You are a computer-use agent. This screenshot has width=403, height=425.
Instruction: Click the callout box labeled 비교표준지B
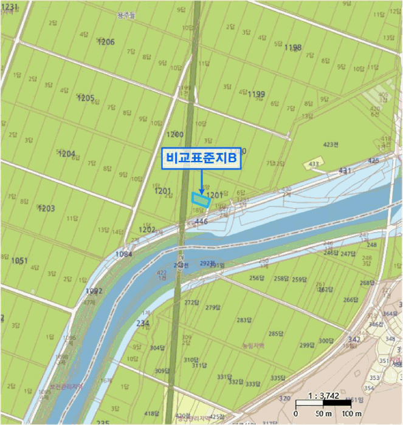pyautogui.click(x=201, y=158)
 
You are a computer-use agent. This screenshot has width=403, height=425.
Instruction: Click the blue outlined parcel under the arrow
pyautogui.click(x=199, y=199)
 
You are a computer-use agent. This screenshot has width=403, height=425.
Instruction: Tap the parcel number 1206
pyautogui.click(x=105, y=42)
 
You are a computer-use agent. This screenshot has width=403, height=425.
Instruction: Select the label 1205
pyautogui.click(x=86, y=98)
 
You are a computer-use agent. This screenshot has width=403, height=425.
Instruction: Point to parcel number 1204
pyautogui.click(x=66, y=154)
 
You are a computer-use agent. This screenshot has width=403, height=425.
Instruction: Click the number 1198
pyautogui.click(x=292, y=47)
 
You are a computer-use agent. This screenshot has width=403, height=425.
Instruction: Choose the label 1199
pyautogui.click(x=256, y=93)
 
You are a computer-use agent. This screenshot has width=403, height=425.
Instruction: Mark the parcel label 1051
pyautogui.click(x=19, y=260)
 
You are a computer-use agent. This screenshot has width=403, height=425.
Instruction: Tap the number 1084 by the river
pyautogui.click(x=123, y=254)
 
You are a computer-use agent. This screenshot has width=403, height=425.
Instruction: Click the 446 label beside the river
pyautogui.click(x=202, y=222)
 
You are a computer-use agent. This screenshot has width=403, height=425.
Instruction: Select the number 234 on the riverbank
pyautogui.click(x=143, y=323)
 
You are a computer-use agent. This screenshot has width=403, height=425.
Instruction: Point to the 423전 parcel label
pyautogui.click(x=331, y=144)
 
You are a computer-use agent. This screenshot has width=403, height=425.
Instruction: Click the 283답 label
pyautogui.click(x=244, y=320)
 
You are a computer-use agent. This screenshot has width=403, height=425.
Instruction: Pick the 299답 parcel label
pyautogui.click(x=307, y=345)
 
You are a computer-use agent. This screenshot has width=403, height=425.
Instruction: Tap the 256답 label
pyautogui.click(x=258, y=278)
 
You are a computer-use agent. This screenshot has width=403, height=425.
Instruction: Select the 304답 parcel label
pyautogui.click(x=157, y=348)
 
